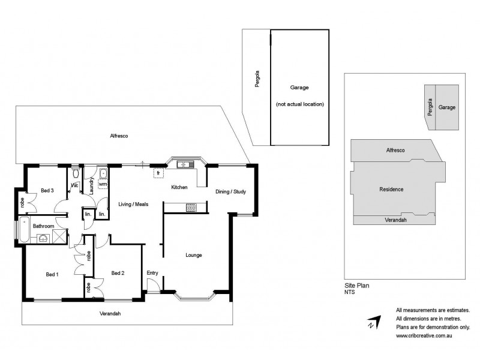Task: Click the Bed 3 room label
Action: coord(47,191)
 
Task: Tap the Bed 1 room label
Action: coord(52,274)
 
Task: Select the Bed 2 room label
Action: coord(118,273)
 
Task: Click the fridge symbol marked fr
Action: coord(158,173)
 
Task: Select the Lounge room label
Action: coord(194,255)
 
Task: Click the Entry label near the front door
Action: coord(152,273)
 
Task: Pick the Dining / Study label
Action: coord(230,192)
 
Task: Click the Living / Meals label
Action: coord(133,204)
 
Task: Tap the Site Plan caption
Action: coord(358,286)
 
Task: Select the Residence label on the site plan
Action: coord(391,189)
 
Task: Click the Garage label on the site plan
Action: coord(446,107)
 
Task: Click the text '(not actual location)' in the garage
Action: coord(299,104)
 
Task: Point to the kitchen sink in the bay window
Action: coord(186,164)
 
